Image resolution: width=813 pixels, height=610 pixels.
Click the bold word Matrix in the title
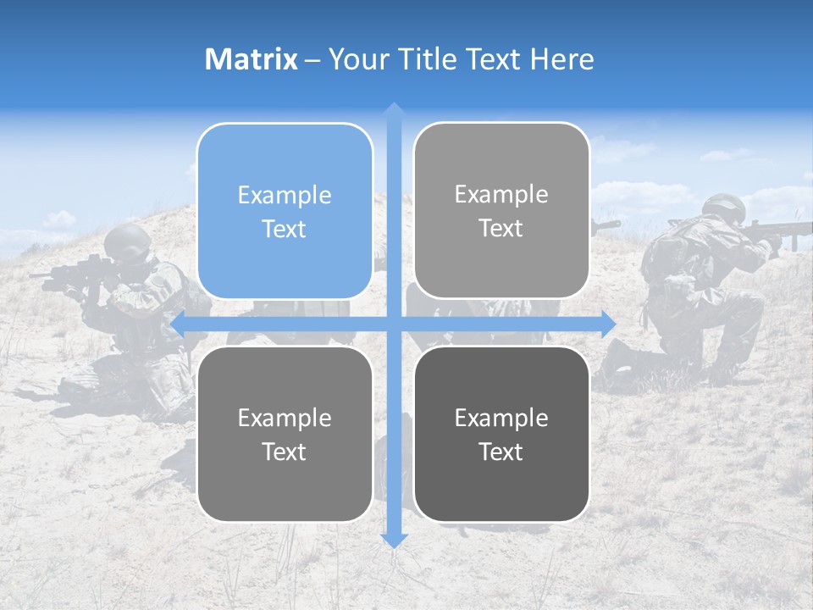click(x=252, y=59)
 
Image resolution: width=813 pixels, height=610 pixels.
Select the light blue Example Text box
click(x=285, y=211)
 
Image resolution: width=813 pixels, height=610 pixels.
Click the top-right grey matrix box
click(x=501, y=211)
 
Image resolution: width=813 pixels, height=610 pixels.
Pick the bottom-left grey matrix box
click(x=285, y=434)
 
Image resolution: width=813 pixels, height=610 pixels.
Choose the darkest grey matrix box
click(x=501, y=434)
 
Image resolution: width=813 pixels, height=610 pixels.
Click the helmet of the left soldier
click(x=128, y=240)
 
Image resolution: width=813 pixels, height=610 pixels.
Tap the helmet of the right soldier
click(x=723, y=206)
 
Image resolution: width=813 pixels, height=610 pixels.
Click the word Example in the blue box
click(x=285, y=195)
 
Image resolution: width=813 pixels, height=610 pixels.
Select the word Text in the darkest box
click(x=501, y=452)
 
